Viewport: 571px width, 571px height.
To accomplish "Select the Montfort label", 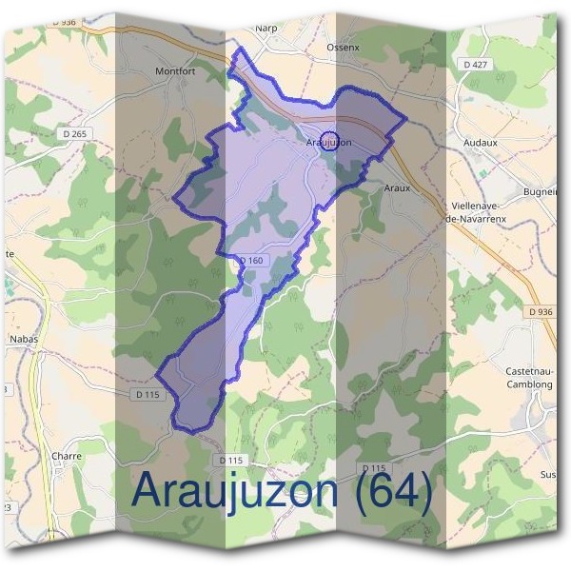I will (x=174, y=70).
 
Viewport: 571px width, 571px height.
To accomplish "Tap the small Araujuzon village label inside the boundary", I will (x=329, y=142).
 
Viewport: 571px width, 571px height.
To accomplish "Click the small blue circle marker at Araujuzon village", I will (x=329, y=140).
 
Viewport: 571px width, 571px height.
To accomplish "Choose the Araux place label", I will (x=397, y=187).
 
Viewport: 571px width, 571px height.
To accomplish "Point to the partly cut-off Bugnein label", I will (x=539, y=191).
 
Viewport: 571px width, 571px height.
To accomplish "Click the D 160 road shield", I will (x=250, y=261).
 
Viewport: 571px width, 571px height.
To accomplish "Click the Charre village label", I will (x=67, y=456).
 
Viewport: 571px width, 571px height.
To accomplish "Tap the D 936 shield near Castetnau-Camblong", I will (x=539, y=311).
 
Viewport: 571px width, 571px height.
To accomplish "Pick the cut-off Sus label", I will (x=547, y=473).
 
